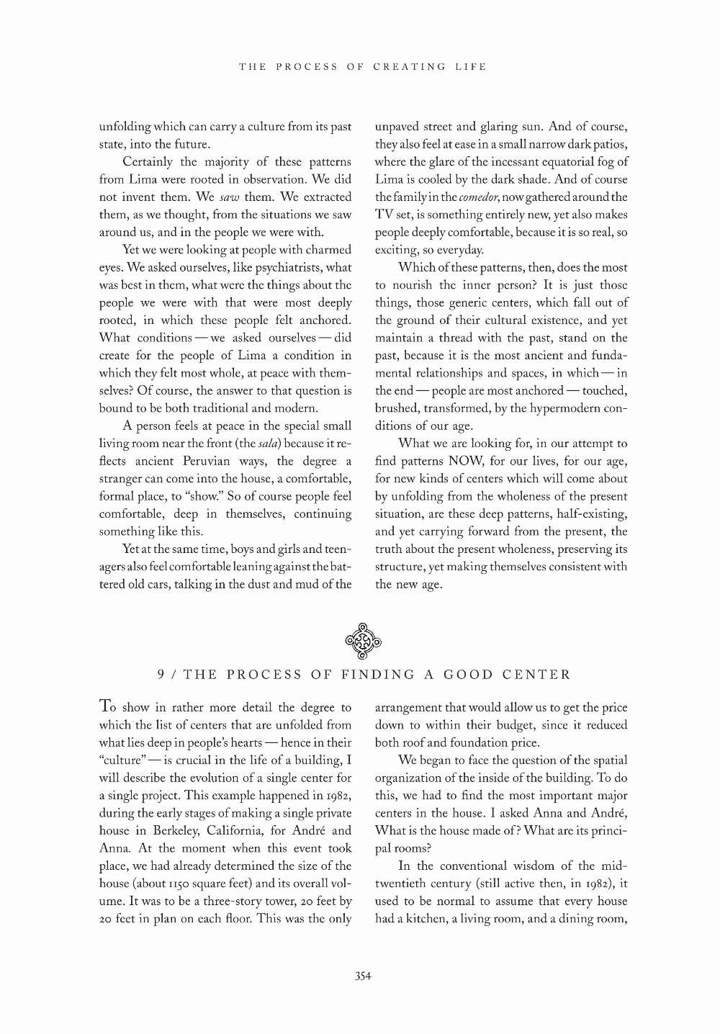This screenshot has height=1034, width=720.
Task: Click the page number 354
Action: (362, 976)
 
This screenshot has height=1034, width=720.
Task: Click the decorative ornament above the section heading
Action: (363, 640)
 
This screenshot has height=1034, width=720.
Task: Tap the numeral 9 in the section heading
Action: (162, 675)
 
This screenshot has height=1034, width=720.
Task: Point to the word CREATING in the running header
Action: (409, 67)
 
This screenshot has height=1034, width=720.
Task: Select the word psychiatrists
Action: (289, 267)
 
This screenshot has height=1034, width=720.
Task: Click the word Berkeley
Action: (167, 830)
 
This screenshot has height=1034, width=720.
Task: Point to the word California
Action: (235, 830)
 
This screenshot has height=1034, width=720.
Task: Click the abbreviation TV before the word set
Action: (383, 215)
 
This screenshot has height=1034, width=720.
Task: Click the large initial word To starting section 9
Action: (108, 706)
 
